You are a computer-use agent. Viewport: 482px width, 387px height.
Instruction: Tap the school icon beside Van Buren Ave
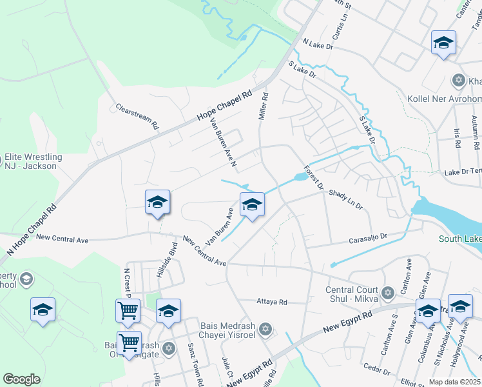pos(252,205)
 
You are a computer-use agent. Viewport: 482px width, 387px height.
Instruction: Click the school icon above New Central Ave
pos(157,203)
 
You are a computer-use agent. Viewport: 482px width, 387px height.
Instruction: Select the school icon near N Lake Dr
pos(443,43)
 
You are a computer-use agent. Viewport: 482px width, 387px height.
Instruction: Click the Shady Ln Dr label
pos(346,199)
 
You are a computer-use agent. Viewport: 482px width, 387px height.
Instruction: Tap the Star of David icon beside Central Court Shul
pos(387,293)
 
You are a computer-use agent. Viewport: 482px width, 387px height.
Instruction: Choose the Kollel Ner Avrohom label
pos(445,98)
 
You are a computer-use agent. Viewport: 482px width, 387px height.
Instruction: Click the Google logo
pos(21,379)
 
